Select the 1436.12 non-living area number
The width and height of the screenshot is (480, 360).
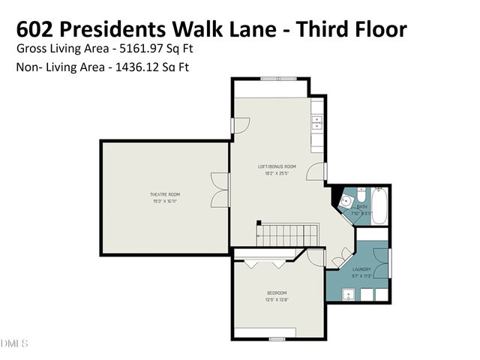[139, 67]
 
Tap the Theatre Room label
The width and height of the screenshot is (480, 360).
[165, 195]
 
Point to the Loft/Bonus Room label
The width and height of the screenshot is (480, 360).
[277, 166]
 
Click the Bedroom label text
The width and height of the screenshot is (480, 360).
[277, 292]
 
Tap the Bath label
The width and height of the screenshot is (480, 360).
[362, 206]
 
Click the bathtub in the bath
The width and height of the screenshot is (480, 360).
[379, 208]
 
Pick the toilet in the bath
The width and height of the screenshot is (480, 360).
[361, 193]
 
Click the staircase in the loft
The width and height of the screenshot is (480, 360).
[288, 235]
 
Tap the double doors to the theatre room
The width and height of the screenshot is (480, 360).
[218, 190]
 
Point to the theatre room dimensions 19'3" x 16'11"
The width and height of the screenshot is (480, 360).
[165, 201]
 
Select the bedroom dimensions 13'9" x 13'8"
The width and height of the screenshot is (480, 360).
[277, 299]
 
